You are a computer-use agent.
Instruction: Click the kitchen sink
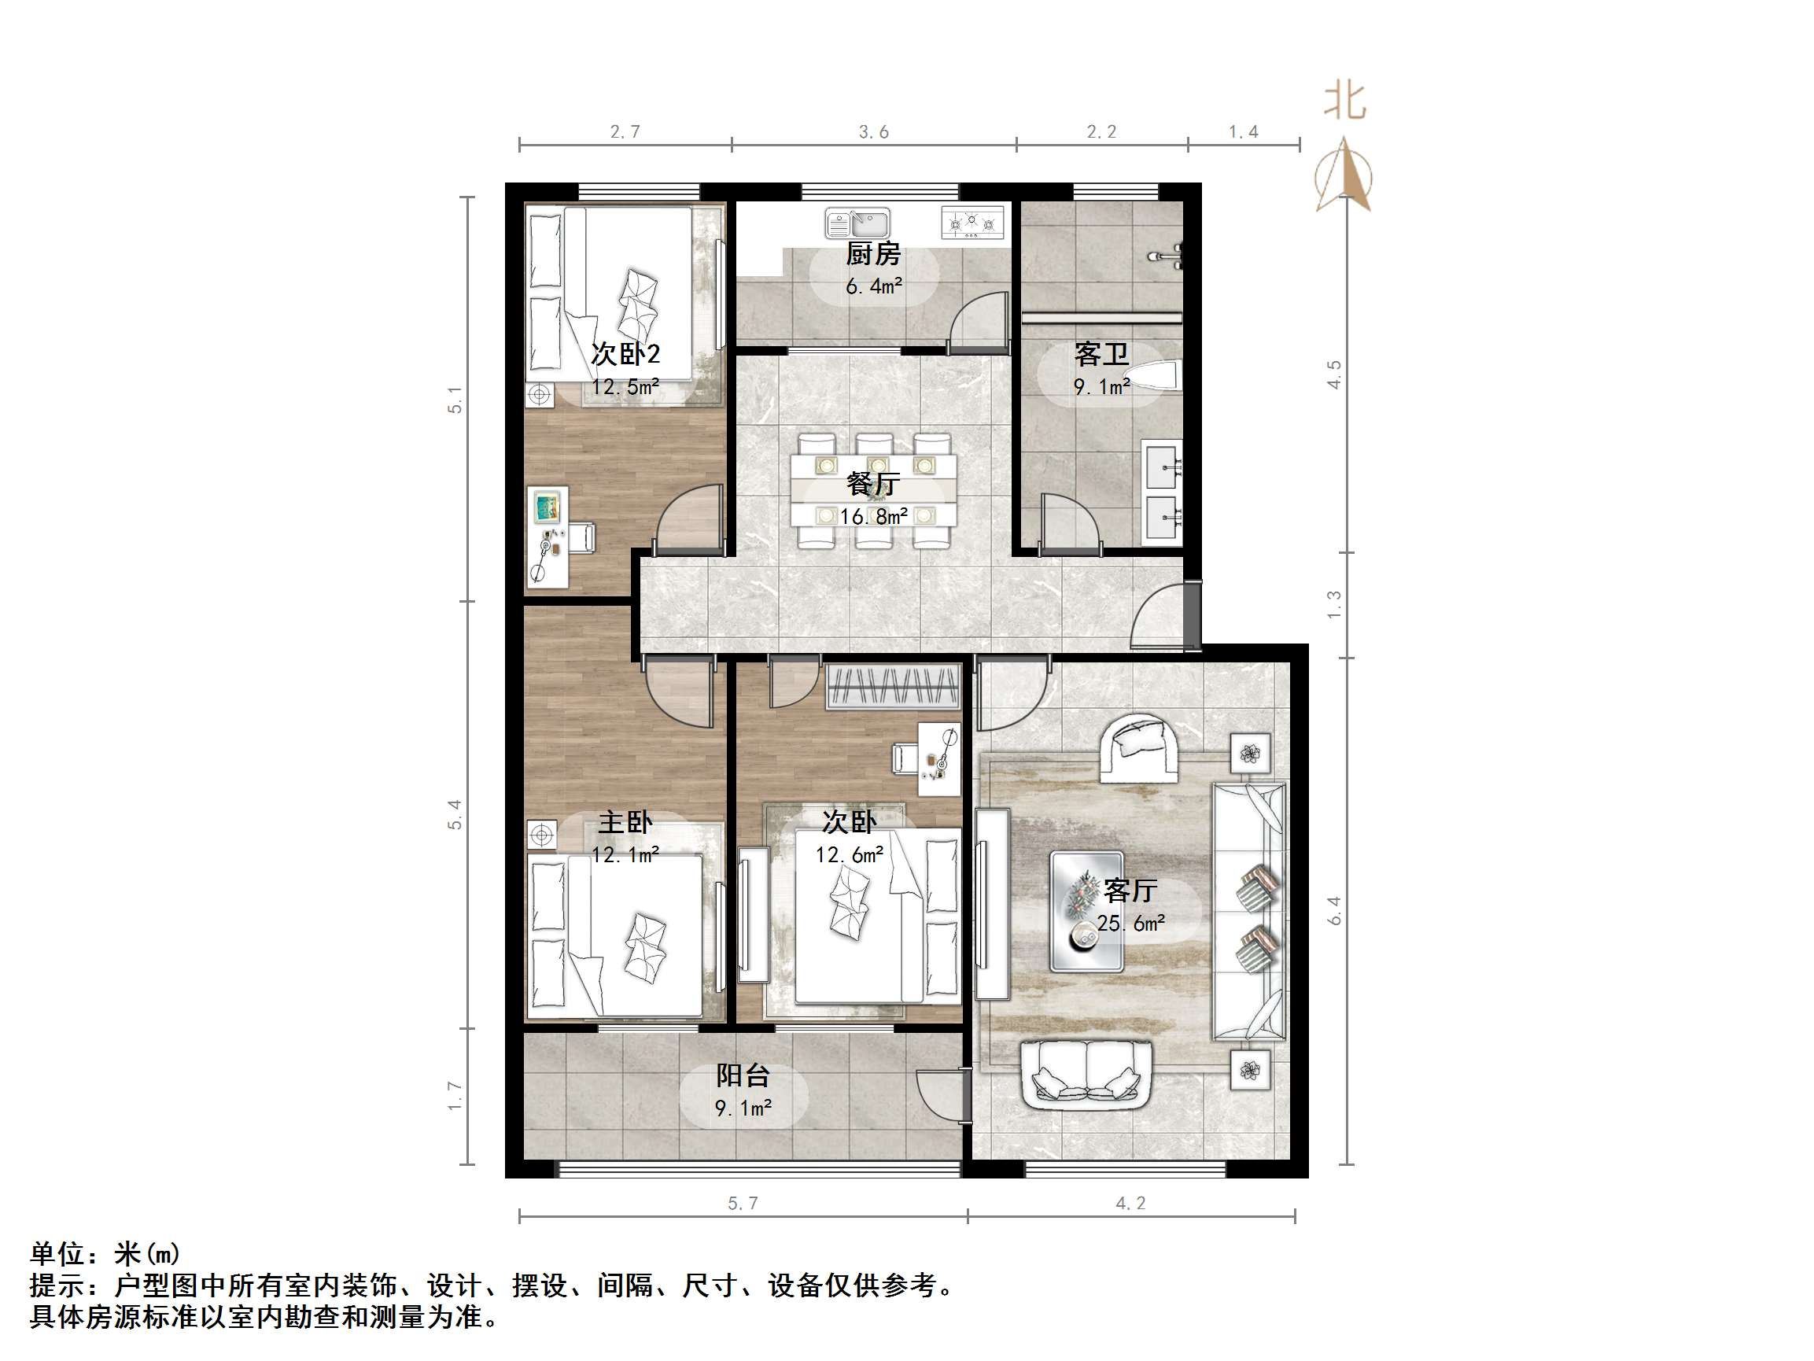click(x=857, y=223)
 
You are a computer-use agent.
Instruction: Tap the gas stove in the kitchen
click(x=972, y=223)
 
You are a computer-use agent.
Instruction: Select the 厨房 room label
click(x=873, y=254)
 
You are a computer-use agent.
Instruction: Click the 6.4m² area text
click(x=874, y=286)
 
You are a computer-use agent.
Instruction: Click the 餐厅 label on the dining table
click(x=873, y=484)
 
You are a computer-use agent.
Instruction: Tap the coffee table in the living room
click(x=1086, y=912)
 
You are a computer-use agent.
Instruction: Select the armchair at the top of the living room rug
click(x=1139, y=748)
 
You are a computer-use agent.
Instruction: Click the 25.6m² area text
click(x=1131, y=924)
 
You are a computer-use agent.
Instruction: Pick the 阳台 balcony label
click(x=743, y=1075)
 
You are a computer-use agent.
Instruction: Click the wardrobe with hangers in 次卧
click(x=893, y=686)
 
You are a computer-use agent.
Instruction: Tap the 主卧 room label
click(x=625, y=822)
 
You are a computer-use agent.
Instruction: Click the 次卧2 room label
click(x=625, y=354)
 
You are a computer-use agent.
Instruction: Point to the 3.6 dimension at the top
click(x=873, y=132)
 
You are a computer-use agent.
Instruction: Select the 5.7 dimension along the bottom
click(x=743, y=1204)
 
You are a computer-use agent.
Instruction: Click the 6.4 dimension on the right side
click(x=1334, y=911)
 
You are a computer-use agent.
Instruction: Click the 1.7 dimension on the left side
click(x=455, y=1097)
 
